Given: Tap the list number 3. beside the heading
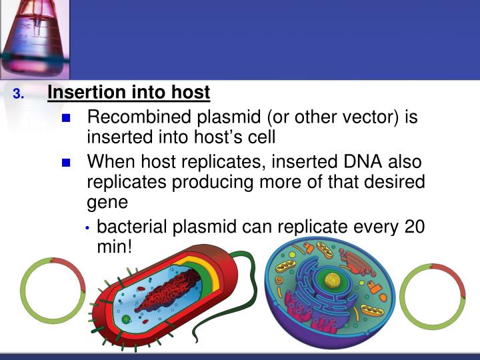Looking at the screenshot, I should point(19,93).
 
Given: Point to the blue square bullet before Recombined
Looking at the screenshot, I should point(65,119).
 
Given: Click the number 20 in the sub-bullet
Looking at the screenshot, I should point(414,227).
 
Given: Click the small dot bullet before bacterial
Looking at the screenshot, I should point(89,228).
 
